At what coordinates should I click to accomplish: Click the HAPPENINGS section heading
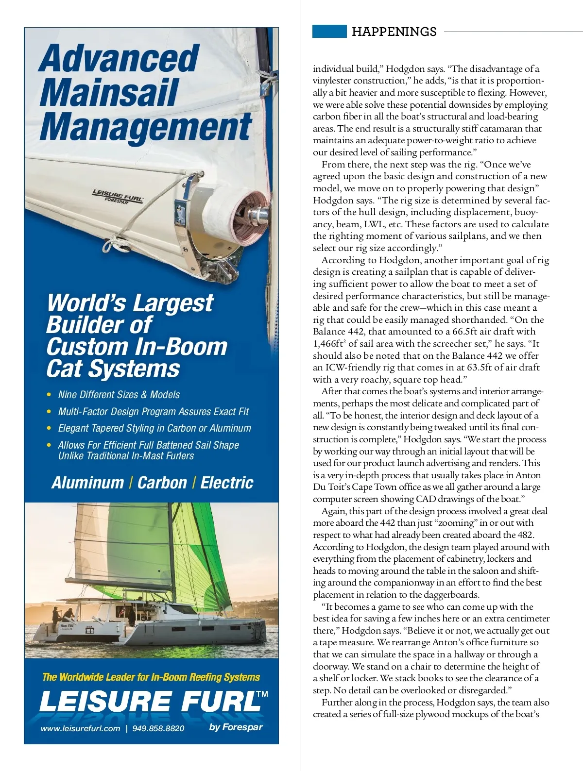394,32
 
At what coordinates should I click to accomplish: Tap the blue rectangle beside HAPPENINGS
329,31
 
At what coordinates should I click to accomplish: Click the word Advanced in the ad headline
119,59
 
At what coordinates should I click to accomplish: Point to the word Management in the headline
146,127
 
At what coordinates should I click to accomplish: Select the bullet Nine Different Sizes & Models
119,395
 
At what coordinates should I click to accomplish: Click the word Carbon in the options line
162,483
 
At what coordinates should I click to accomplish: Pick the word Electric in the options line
227,483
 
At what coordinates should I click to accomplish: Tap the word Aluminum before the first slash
88,483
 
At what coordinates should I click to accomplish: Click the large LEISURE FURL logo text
151,702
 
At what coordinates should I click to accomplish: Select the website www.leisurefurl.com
80,728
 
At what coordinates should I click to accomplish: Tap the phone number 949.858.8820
158,728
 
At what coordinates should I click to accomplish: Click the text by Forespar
236,727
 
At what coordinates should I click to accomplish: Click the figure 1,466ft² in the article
330,344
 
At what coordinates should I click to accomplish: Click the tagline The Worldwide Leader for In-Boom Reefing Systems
151,677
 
